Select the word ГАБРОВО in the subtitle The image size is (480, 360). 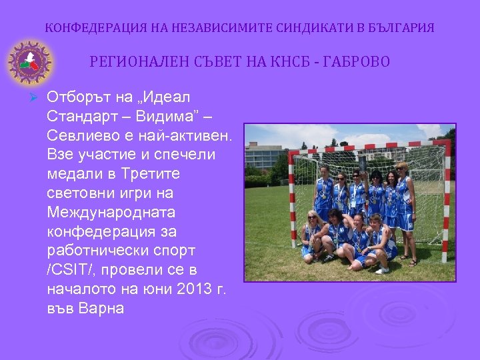357,62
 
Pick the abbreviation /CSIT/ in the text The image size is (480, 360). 73,269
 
